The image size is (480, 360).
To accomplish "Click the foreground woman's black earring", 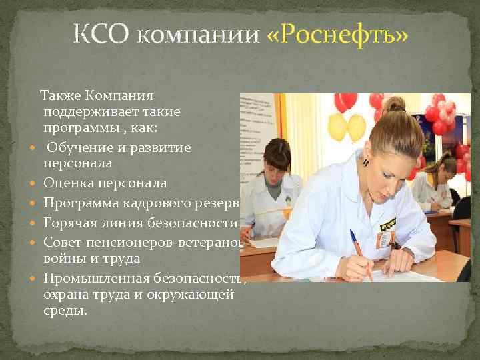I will (x=365, y=161).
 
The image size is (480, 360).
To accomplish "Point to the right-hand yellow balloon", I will (x=357, y=127).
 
